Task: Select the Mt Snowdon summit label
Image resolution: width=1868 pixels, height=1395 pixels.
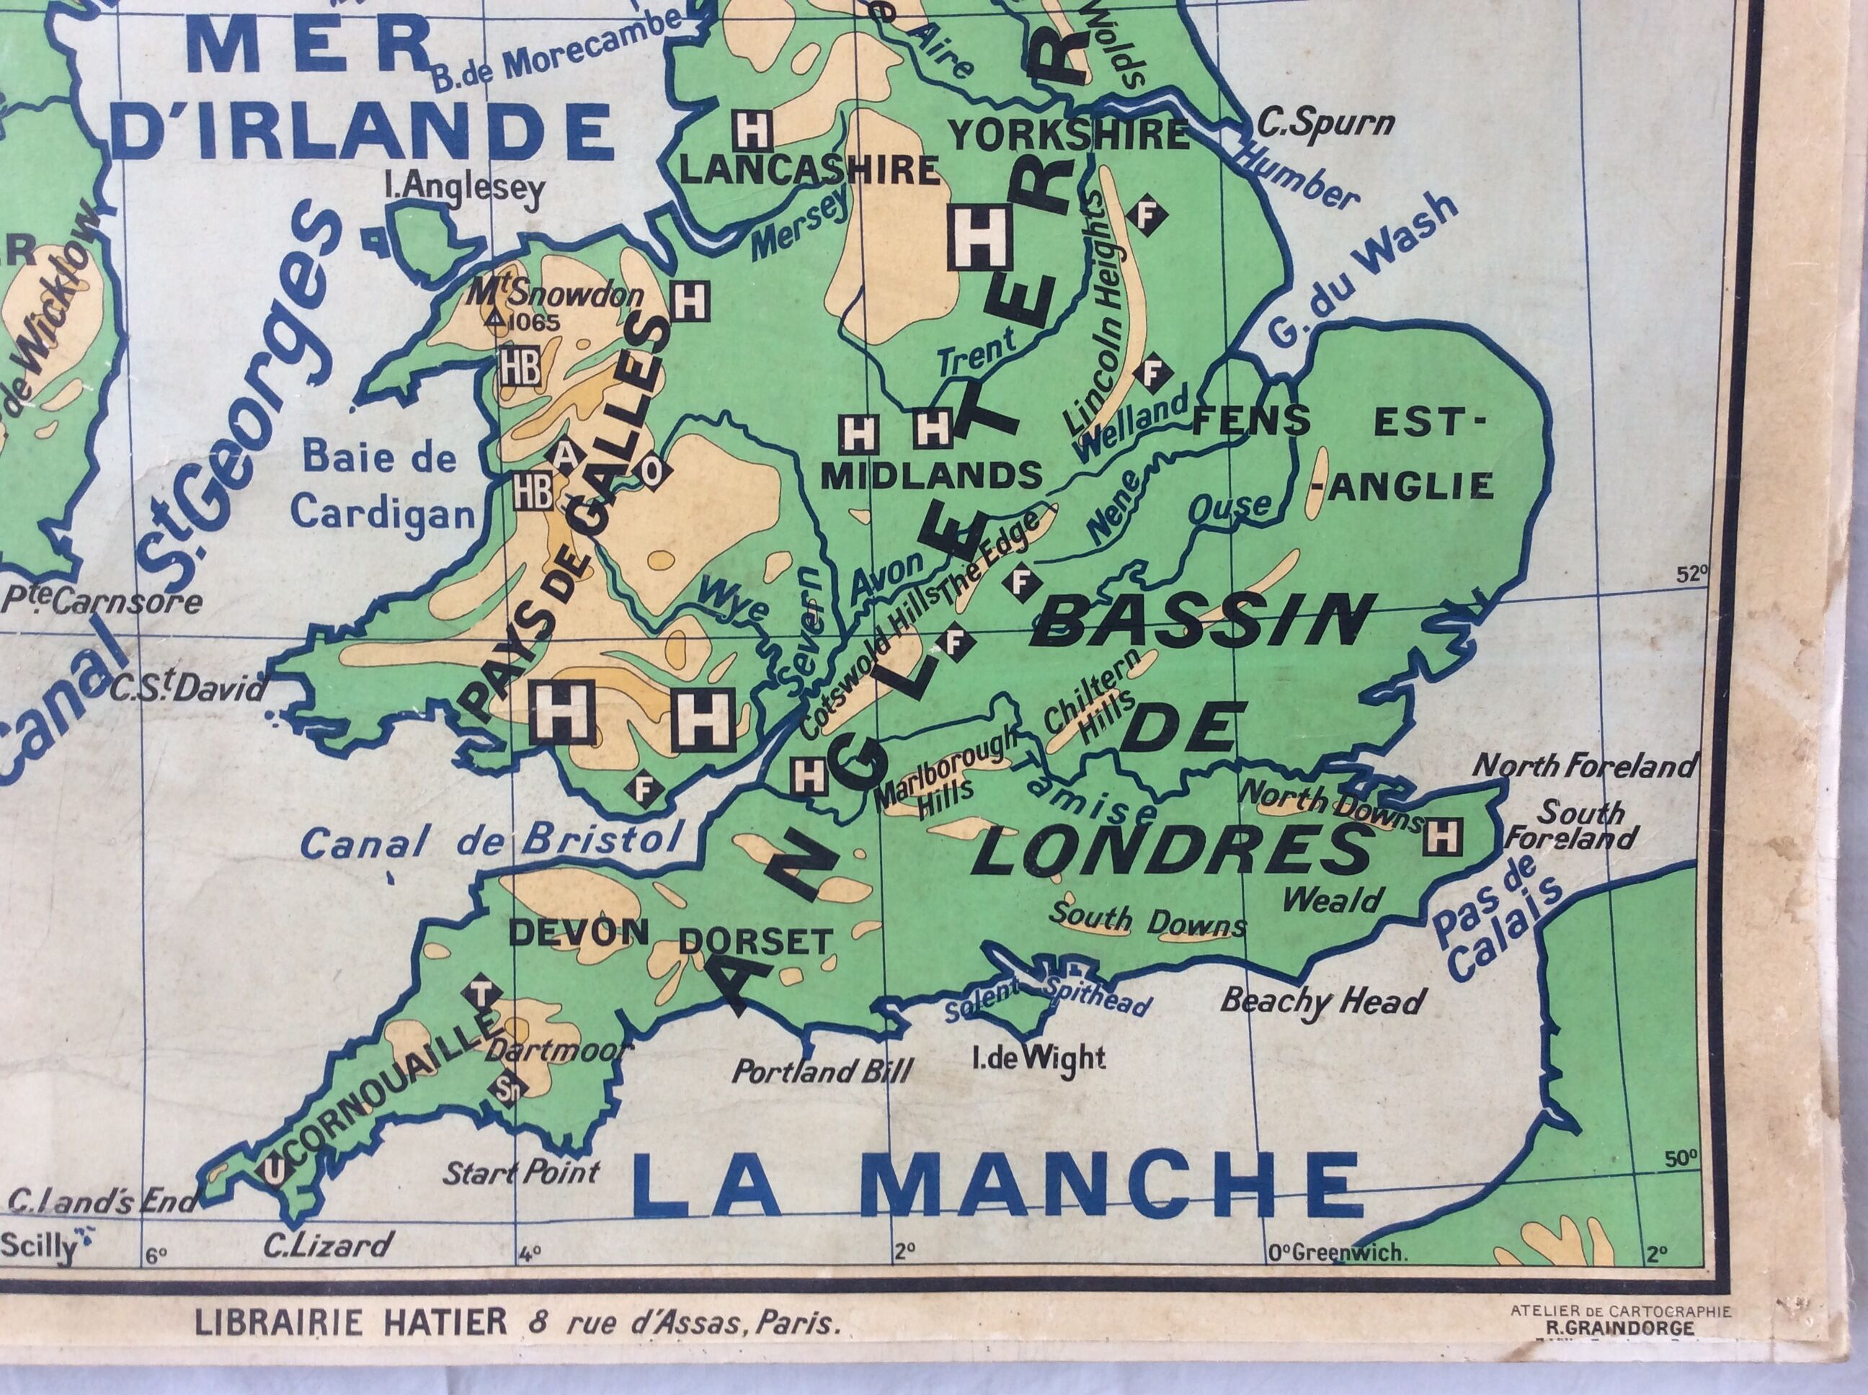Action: point(556,295)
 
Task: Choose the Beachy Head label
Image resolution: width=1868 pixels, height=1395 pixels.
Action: point(1322,1002)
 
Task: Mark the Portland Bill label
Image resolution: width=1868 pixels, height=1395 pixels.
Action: point(822,1071)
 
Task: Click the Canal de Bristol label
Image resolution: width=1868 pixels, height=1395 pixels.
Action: point(492,840)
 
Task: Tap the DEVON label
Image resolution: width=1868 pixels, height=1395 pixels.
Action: point(579,933)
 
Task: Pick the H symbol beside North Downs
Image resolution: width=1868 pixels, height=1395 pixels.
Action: point(1441,837)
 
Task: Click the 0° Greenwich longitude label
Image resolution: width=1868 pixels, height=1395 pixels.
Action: point(1337,1278)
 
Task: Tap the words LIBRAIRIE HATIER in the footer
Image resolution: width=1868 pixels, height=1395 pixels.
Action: point(350,1322)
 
